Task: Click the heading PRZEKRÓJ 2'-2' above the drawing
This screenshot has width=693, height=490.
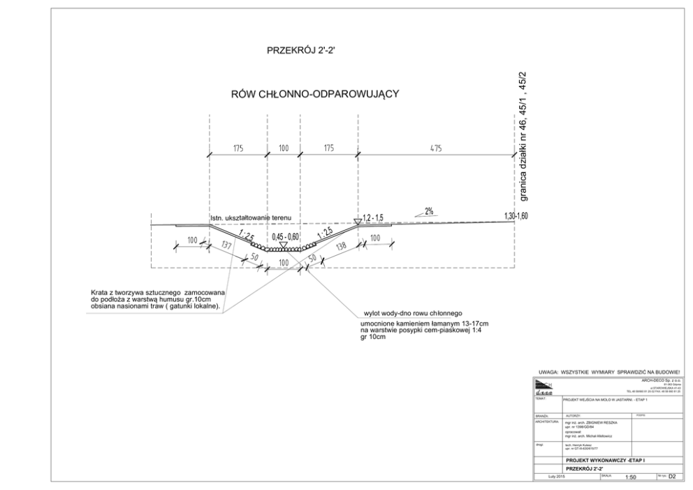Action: (x=302, y=51)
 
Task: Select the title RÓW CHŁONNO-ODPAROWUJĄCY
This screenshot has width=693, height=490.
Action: (x=316, y=95)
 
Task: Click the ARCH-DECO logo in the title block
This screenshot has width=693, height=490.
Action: (x=544, y=387)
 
